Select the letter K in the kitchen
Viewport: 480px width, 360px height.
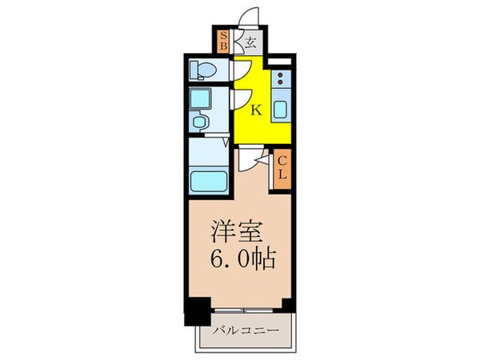tap(256, 110)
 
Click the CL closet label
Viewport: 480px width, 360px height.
tap(282, 169)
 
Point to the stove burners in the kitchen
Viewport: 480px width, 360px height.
tap(282, 80)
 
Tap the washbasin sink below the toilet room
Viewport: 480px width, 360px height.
tap(201, 124)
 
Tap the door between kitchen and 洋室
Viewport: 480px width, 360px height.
tap(254, 158)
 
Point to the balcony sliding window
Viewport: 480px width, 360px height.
tap(244, 309)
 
